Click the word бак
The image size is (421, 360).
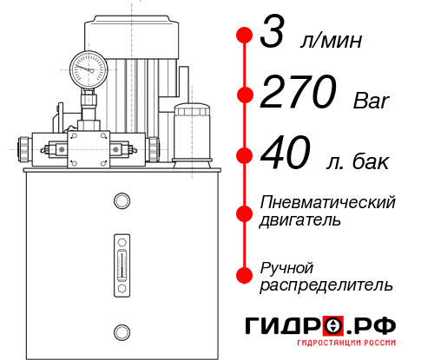click(x=371, y=161)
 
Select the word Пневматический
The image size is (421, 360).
click(x=328, y=202)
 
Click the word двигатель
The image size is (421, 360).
click(x=300, y=220)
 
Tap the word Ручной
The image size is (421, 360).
click(x=286, y=266)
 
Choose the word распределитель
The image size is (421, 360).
click(x=326, y=285)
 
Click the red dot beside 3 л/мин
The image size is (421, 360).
click(x=245, y=36)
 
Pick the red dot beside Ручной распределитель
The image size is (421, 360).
click(x=245, y=273)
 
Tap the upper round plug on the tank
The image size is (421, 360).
click(x=121, y=201)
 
